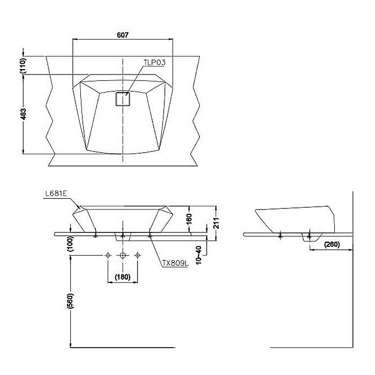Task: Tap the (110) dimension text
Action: click(23, 65)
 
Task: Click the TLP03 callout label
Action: click(154, 63)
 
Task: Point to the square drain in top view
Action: click(123, 99)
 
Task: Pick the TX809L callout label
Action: click(175, 263)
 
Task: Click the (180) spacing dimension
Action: click(123, 277)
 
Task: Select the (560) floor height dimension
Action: click(70, 303)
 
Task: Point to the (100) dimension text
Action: click(70, 244)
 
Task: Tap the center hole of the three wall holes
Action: click(123, 256)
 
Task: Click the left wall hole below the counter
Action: click(108, 256)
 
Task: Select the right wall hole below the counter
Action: click(138, 256)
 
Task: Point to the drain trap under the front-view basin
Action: click(123, 236)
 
